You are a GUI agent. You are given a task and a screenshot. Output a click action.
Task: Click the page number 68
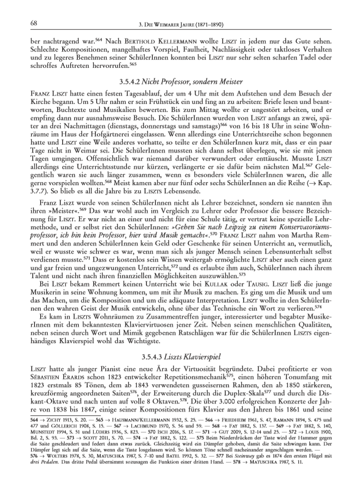pyautogui.click(x=21, y=24)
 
